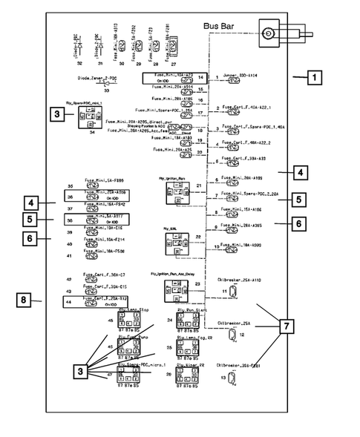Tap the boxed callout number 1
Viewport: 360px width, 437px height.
315,76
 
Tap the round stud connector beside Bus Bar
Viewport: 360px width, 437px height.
268,33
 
